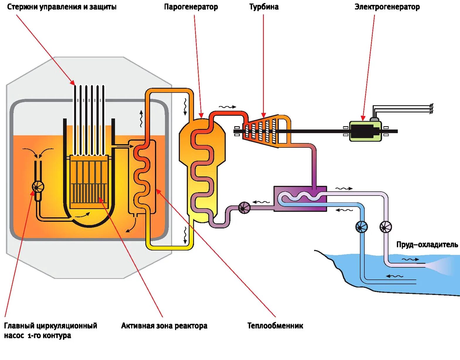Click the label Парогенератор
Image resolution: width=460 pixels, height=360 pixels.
pyautogui.click(x=191, y=7)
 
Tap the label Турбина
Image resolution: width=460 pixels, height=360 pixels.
pyautogui.click(x=264, y=7)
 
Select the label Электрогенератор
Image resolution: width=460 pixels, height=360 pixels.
pyautogui.click(x=387, y=7)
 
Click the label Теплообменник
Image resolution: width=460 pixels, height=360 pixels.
pyautogui.click(x=275, y=325)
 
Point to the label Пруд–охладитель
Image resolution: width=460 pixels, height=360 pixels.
pyautogui.click(x=427, y=245)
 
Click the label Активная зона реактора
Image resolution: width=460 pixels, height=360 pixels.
pyautogui.click(x=164, y=326)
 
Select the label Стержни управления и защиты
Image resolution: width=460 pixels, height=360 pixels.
pyautogui.click(x=62, y=7)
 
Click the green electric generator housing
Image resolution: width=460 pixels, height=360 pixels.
pyautogui.click(x=365, y=131)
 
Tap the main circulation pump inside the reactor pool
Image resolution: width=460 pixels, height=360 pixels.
pyautogui.click(x=38, y=187)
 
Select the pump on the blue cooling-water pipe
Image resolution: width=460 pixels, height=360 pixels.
pyautogui.click(x=361, y=227)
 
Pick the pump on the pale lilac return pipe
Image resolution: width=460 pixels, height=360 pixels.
pyautogui.click(x=386, y=227)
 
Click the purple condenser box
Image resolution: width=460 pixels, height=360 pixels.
pyautogui.click(x=300, y=199)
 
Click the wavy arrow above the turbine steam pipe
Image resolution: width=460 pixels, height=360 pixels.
pyautogui.click(x=227, y=107)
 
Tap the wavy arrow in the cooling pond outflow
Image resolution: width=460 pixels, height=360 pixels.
pyautogui.click(x=410, y=259)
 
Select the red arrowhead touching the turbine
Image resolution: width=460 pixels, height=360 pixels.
pyautogui.click(x=264, y=115)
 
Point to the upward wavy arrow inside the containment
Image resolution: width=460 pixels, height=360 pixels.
pyautogui.click(x=141, y=118)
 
